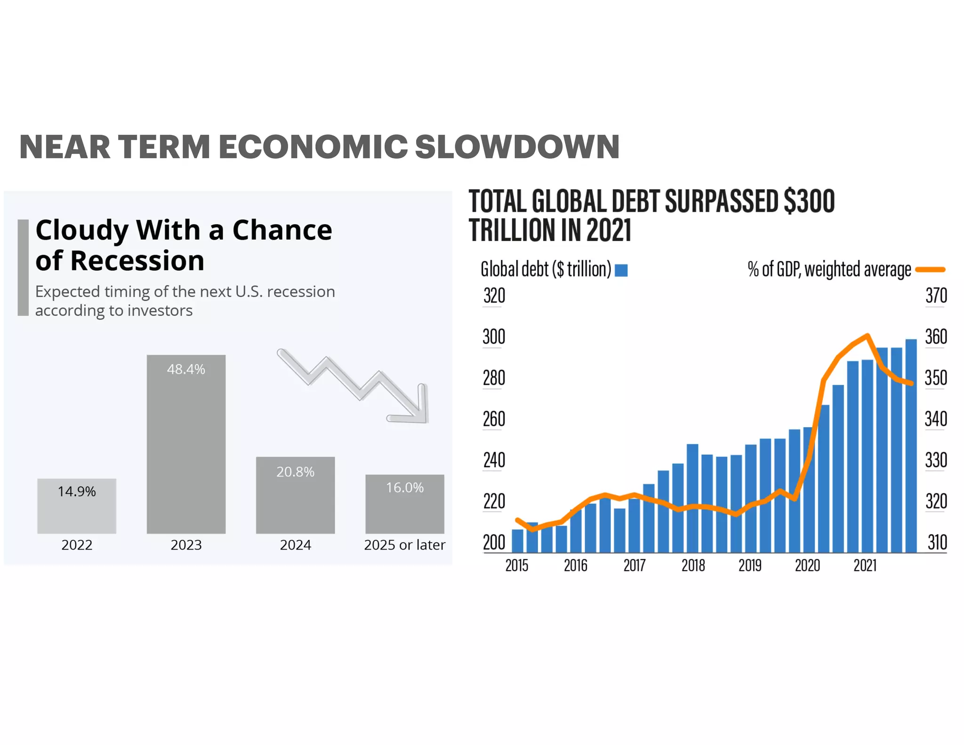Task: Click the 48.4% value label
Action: click(x=186, y=369)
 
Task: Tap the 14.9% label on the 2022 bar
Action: click(x=77, y=492)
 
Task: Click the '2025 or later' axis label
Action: click(x=404, y=545)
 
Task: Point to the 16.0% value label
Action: click(x=405, y=487)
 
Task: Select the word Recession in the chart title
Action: click(x=137, y=261)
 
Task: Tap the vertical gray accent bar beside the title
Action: click(x=23, y=267)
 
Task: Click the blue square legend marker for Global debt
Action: click(x=621, y=270)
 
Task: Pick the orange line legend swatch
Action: click(x=930, y=270)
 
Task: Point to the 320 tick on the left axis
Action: click(x=494, y=296)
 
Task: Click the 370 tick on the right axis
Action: click(x=936, y=296)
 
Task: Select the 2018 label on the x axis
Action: click(x=693, y=565)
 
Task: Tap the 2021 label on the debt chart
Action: click(x=865, y=565)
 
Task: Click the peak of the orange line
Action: click(x=867, y=335)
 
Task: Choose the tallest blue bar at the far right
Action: click(x=911, y=445)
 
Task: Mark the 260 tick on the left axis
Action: click(x=494, y=419)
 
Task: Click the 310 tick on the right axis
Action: click(x=937, y=543)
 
